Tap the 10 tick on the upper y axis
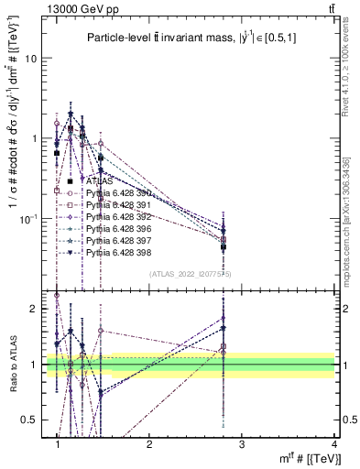pyautogui.click(x=33, y=59)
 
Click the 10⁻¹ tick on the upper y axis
pyautogui.click(x=31, y=218)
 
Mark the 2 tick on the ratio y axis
pyautogui.click(x=37, y=309)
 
